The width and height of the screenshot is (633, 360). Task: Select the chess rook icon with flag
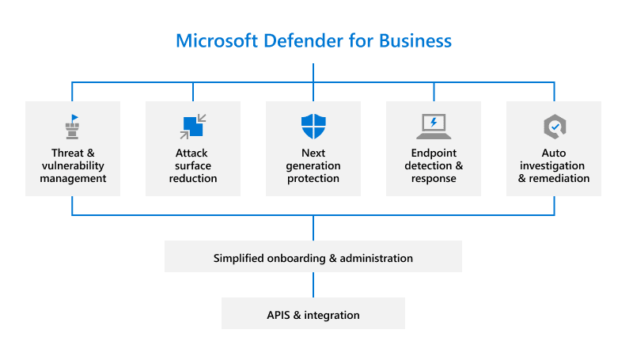coord(73,126)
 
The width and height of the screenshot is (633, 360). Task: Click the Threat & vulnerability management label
coord(73,165)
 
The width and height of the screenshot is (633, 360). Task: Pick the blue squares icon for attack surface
coord(193,126)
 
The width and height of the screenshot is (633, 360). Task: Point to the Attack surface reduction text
coord(193,165)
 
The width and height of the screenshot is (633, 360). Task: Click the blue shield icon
coord(313,126)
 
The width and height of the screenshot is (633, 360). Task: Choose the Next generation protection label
coord(313,165)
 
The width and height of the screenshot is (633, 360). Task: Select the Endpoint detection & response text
coord(434,165)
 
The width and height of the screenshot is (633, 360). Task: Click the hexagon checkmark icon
coord(554,126)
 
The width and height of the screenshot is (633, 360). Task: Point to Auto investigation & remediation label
coord(554,165)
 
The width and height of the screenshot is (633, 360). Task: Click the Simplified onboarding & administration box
coord(313,258)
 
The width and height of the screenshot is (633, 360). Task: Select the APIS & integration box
coord(313,314)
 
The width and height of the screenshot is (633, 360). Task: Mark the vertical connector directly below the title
coord(313,71)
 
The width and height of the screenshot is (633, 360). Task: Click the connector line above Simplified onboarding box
coord(313,229)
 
